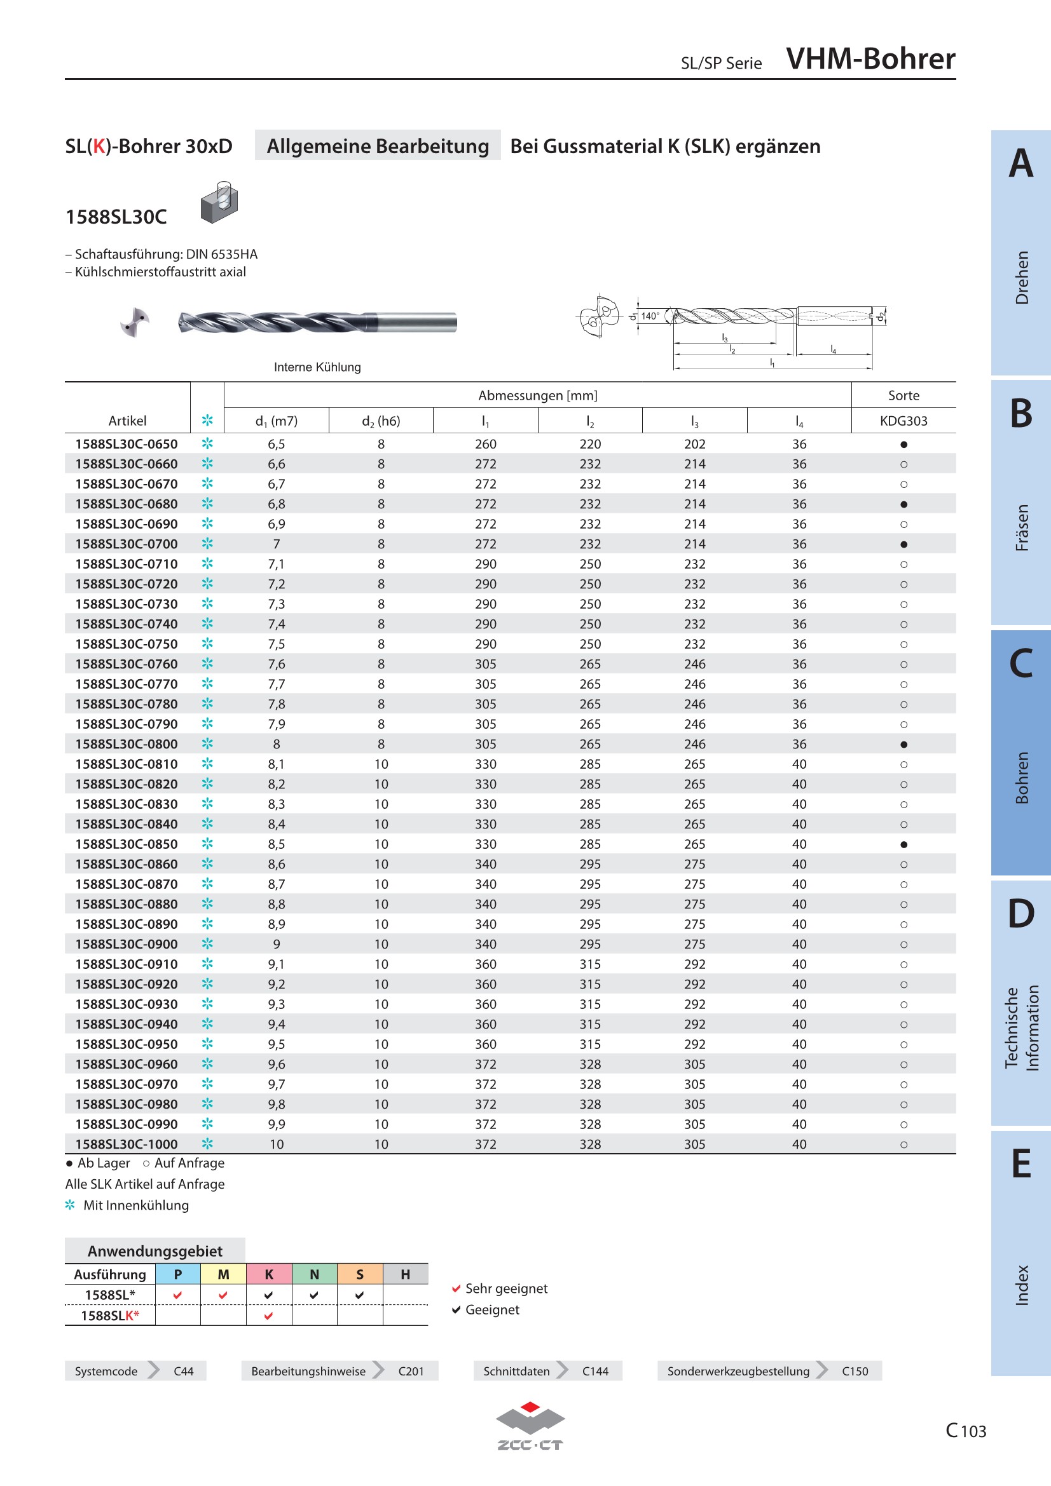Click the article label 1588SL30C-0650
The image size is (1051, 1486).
click(127, 444)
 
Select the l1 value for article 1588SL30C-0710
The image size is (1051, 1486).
click(486, 564)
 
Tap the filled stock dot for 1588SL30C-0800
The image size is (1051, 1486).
click(904, 745)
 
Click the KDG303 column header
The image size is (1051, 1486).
click(903, 421)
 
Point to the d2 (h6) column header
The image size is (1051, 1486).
click(381, 421)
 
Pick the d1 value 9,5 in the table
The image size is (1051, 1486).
click(277, 1044)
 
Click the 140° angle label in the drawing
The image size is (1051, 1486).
click(650, 316)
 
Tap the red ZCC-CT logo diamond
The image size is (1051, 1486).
click(530, 1407)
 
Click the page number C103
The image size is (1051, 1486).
click(966, 1430)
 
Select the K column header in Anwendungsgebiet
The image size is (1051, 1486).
click(269, 1274)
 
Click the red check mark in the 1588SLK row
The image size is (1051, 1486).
click(269, 1316)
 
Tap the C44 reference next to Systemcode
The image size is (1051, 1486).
click(183, 1371)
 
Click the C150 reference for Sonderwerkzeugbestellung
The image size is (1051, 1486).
click(855, 1371)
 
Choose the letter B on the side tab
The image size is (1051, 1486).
click(1021, 413)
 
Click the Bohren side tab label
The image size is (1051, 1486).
click(1022, 777)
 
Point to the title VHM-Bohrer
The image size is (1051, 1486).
click(870, 58)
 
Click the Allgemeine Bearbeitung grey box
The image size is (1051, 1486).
click(378, 145)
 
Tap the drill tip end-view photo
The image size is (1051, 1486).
click(135, 321)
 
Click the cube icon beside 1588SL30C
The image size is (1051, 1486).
click(219, 203)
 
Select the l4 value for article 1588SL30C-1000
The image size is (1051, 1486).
click(799, 1144)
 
